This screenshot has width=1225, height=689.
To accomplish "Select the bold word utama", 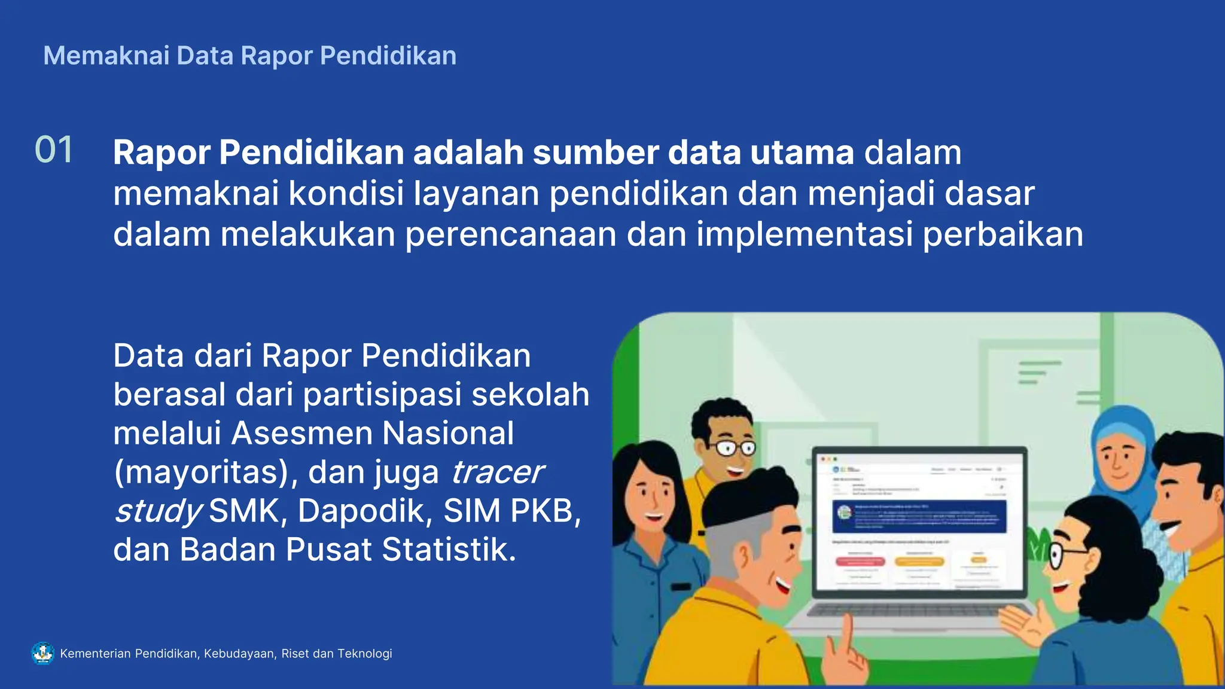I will click(x=802, y=153).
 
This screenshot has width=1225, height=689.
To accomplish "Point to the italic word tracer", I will click(x=496, y=472).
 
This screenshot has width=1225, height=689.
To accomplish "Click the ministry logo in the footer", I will click(x=42, y=653).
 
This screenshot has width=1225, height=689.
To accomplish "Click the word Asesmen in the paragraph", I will click(x=302, y=433).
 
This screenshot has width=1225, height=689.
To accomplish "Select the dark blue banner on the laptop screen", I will click(x=919, y=516).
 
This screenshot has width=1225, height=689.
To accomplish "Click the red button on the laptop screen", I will click(x=860, y=562).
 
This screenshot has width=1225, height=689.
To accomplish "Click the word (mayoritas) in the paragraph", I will click(x=202, y=472).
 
